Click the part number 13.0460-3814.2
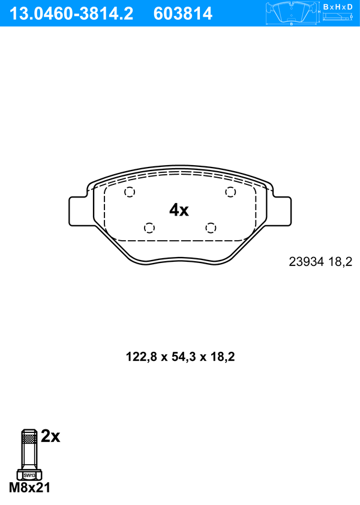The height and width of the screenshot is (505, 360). pyautogui.click(x=71, y=14)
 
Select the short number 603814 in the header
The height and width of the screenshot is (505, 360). pyautogui.click(x=183, y=14)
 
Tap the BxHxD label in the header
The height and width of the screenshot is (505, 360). pyautogui.click(x=338, y=7)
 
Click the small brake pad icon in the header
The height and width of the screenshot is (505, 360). pyautogui.click(x=292, y=13)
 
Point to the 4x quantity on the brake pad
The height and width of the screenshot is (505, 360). pyautogui.click(x=179, y=210)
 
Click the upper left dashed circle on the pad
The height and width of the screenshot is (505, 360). pyautogui.click(x=130, y=192)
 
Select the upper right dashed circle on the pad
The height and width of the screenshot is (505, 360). pyautogui.click(x=230, y=192)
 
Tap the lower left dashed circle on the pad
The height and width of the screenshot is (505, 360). pyautogui.click(x=149, y=228)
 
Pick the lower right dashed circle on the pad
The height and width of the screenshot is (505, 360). pyautogui.click(x=211, y=228)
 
